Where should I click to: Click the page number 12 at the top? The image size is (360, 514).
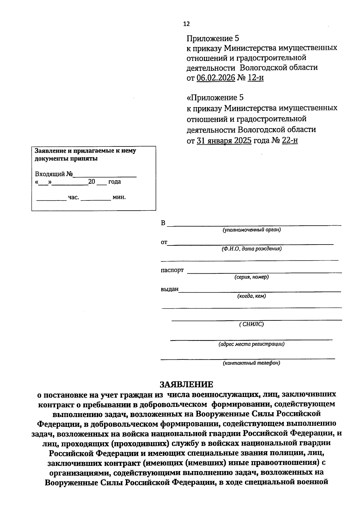[186, 24]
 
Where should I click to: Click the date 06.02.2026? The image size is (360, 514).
[216, 78]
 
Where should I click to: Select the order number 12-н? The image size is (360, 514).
[256, 78]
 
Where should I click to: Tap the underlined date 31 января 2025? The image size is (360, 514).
[224, 141]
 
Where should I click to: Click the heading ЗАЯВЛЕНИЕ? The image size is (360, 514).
[186, 385]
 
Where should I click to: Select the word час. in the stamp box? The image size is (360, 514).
[73, 197]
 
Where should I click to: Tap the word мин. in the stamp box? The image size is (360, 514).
[119, 197]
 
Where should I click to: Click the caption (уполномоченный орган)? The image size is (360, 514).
[251, 230]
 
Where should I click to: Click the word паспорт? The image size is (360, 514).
[172, 270]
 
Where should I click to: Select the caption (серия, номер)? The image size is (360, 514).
[251, 277]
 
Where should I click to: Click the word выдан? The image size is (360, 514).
[169, 290]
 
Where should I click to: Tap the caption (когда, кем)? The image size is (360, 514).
[251, 296]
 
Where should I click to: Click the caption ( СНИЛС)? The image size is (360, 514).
[251, 324]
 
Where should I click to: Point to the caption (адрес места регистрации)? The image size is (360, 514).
[251, 344]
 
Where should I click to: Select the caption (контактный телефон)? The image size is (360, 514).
[251, 363]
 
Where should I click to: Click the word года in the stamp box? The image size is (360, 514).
[114, 182]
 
